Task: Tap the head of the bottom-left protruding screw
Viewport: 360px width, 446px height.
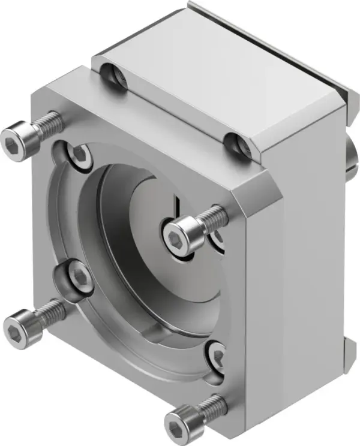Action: (x=17, y=326)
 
